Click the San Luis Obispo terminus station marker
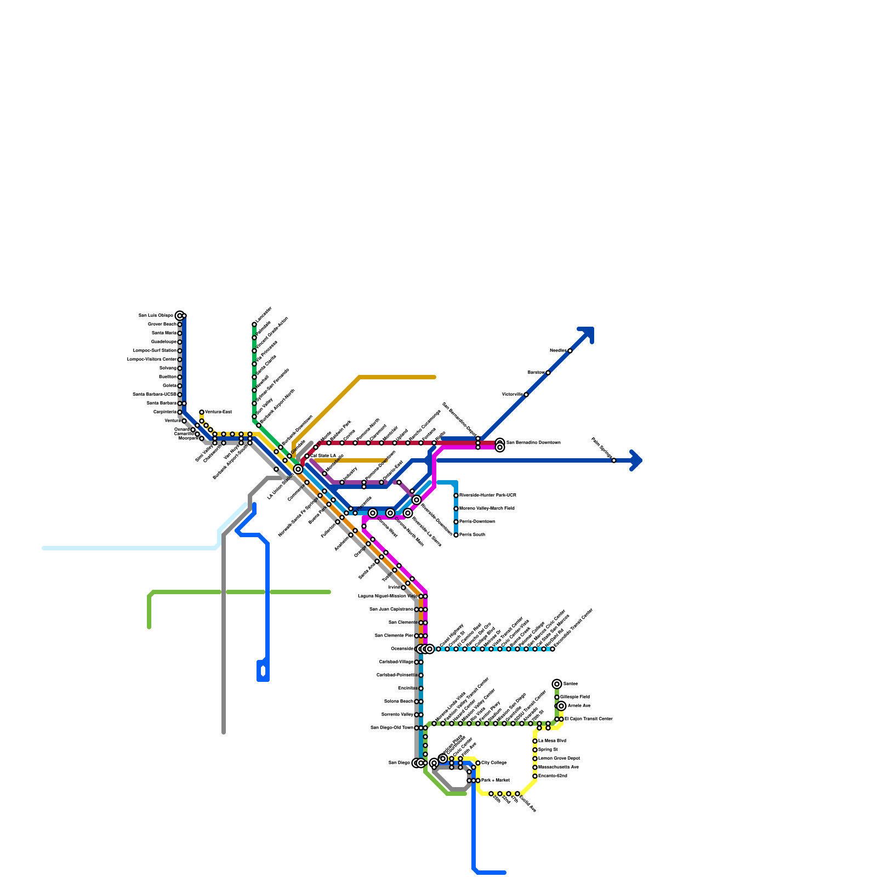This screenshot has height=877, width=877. (x=179, y=316)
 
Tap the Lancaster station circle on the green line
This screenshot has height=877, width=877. (x=254, y=324)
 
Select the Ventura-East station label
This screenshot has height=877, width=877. (x=218, y=412)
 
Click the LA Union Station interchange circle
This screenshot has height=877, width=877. (x=298, y=469)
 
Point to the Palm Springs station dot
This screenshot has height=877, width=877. (x=614, y=460)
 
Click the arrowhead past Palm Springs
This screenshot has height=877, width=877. (x=637, y=460)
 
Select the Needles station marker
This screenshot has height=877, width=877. (x=570, y=351)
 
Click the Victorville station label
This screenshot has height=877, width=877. (x=512, y=394)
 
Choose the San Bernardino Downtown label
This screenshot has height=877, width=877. (x=533, y=442)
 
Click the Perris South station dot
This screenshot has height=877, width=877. (x=456, y=535)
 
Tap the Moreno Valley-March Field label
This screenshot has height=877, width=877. (x=487, y=508)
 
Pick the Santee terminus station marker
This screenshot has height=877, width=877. (x=557, y=684)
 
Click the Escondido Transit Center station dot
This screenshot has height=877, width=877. (x=553, y=649)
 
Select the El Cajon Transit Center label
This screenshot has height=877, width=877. (x=588, y=719)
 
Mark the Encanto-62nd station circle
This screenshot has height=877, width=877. (x=535, y=776)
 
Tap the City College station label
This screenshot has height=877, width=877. (x=494, y=762)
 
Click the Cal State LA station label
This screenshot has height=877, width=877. (x=323, y=455)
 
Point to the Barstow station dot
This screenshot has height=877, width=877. (x=548, y=373)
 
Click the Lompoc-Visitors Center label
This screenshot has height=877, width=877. (x=152, y=359)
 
